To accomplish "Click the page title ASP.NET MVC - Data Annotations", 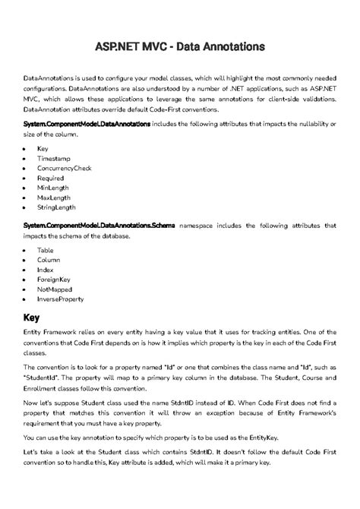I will pos(179,46).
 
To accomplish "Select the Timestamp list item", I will pos(52,157).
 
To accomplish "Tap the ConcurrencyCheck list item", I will pos(65,167).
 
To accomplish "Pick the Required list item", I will pos(51,177).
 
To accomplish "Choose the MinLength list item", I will pos(52,187).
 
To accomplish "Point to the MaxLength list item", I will pos(53,197).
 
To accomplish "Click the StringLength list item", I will pos(57,207).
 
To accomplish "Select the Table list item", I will pos(46,250).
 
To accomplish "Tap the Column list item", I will pos(49,260).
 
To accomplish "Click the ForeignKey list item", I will pos(54,280).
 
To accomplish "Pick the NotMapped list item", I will pos(55,289).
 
